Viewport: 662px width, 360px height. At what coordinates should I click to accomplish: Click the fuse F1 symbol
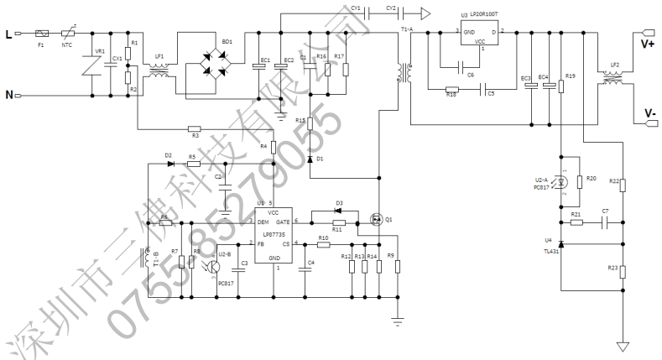pos(43,34)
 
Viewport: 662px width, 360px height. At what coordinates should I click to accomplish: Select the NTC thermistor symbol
pos(68,34)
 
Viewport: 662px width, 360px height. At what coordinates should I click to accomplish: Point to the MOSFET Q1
pos(378,221)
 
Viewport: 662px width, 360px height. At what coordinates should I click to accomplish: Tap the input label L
pos(9,34)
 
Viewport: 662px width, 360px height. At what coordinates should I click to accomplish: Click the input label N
pos(9,95)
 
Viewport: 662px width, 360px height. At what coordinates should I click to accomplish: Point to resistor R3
pos(195,128)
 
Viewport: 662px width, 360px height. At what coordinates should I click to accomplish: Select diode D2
pos(169,164)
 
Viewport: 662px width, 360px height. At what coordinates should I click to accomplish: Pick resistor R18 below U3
pos(451,90)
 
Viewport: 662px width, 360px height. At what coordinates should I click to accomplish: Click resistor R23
pos(623,270)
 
